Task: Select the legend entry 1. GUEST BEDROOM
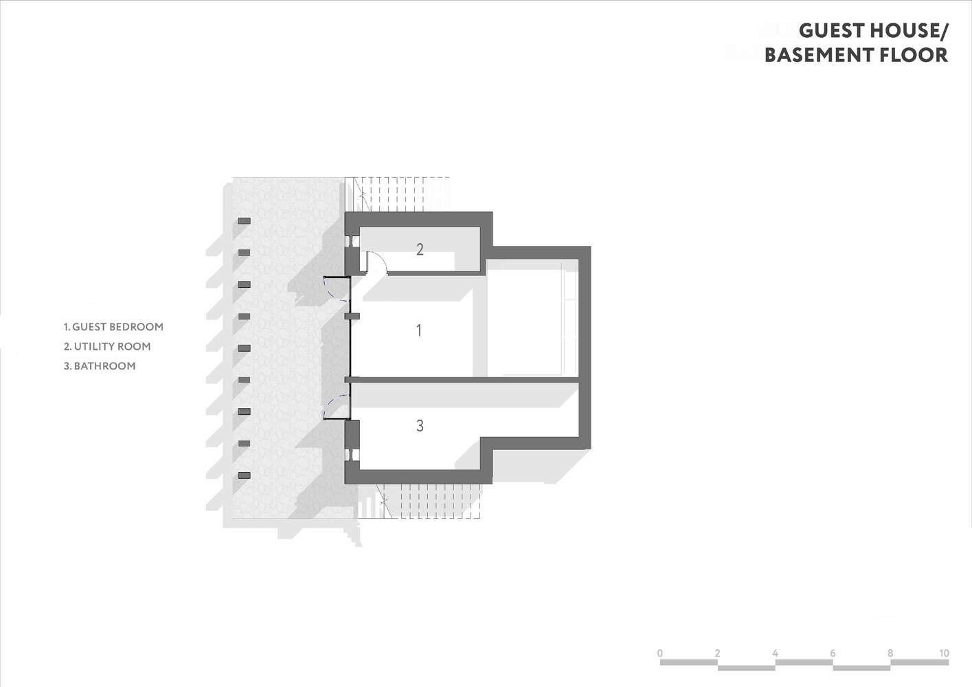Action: pos(114,327)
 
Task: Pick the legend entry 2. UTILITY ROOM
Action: pos(107,346)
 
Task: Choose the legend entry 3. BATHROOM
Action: pos(100,366)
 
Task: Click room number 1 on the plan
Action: pos(419,330)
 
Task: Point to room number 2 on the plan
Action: pos(420,249)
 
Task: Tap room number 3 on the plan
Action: pos(420,426)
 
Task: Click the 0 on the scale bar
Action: pos(660,653)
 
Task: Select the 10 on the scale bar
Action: pos(944,653)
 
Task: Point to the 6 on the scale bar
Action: pos(833,653)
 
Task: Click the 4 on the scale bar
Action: pos(775,653)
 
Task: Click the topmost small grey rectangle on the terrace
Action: pos(245,221)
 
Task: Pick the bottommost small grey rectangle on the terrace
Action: pos(245,475)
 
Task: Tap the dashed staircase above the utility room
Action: pos(398,194)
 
